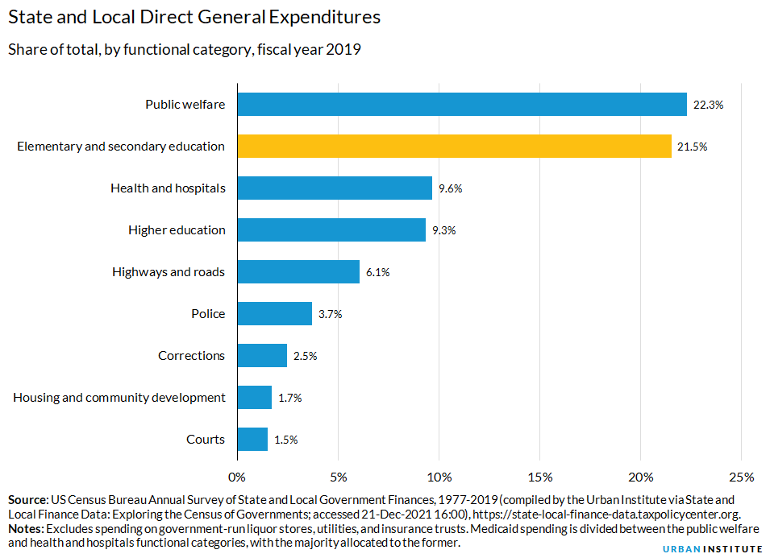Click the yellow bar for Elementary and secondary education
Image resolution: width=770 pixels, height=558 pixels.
[454, 146]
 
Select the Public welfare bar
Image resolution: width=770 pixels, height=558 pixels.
[462, 104]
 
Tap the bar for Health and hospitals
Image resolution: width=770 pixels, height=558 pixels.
[335, 188]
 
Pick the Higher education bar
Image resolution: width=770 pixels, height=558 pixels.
[331, 229]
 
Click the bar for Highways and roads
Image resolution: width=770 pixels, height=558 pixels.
[298, 271]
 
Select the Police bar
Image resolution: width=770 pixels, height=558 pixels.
[274, 313]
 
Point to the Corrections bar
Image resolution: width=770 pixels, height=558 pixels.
[262, 355]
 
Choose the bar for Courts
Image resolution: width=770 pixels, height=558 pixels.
[252, 439]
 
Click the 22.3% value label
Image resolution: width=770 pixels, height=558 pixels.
[708, 105]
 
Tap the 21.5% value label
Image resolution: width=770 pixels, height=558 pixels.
[692, 147]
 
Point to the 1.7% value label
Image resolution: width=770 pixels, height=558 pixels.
[292, 398]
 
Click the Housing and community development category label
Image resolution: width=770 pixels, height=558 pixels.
[119, 397]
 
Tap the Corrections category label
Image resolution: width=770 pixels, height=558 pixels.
[191, 355]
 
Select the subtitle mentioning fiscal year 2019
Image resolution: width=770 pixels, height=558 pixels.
[184, 49]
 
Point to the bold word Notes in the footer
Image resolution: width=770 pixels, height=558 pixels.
[26, 528]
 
